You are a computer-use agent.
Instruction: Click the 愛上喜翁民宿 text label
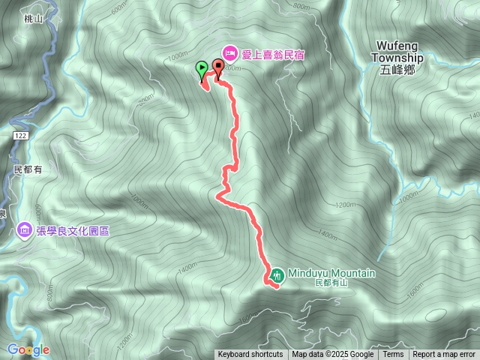click(274, 55)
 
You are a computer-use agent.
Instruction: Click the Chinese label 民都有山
click(331, 283)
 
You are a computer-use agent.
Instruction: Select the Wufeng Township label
click(397, 52)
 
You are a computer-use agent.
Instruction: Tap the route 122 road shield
click(19, 133)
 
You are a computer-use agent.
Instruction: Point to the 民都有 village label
click(28, 170)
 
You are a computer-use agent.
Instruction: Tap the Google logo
click(28, 349)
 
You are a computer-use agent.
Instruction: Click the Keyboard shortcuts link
click(250, 355)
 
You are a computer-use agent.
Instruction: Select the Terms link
click(393, 355)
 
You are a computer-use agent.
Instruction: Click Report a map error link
click(444, 355)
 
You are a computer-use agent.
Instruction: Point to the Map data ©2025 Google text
click(332, 355)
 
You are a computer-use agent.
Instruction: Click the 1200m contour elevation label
click(345, 204)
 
